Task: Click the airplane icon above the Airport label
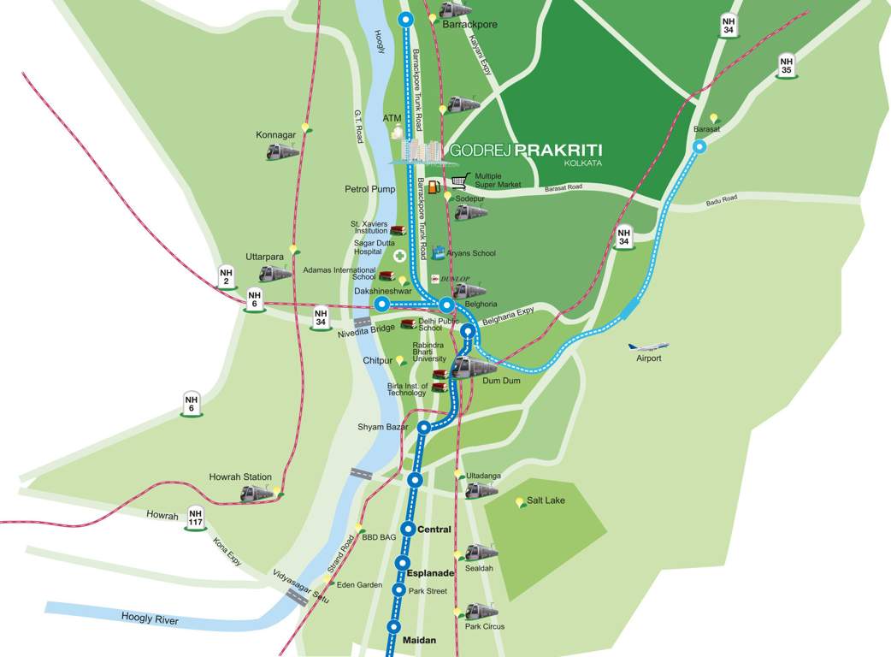648,346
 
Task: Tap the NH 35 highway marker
788,66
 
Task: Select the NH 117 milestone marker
196,518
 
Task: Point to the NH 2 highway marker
227,278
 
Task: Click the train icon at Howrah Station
256,494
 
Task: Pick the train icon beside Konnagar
282,151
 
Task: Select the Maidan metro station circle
393,626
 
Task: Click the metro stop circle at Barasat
699,147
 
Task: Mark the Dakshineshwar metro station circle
382,305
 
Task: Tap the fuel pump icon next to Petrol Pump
434,186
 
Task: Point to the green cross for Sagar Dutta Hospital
399,256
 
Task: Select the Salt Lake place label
546,500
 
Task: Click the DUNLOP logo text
451,279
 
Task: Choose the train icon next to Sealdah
481,552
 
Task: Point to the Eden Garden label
359,585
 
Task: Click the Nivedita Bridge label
365,328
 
